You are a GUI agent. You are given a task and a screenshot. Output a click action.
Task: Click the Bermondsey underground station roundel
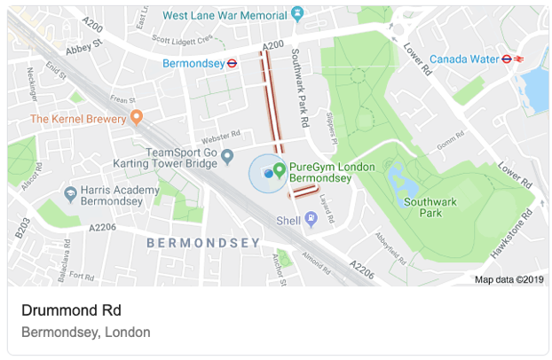232,64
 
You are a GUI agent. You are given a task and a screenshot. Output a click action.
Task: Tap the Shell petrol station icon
311,220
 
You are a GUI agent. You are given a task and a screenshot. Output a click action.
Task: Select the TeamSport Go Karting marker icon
227,157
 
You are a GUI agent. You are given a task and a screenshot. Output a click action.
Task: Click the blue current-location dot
267,173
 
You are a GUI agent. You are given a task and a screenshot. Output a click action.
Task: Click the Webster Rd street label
222,135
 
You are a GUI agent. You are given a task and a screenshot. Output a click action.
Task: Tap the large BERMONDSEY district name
202,242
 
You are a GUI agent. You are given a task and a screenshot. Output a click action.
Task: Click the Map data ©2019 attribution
509,279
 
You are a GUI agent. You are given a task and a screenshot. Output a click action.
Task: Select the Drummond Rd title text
71,310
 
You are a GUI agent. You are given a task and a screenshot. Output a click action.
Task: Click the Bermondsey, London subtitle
85,333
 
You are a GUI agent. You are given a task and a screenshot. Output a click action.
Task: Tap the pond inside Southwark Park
400,183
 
